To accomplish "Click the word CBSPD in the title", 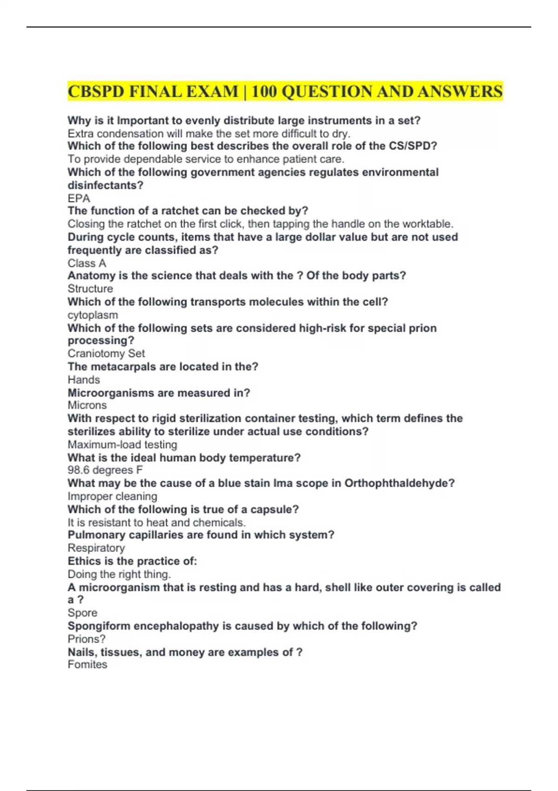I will coord(96,92).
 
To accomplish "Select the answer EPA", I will coord(79,198).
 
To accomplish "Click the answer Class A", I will coord(86,263).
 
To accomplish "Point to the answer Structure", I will coord(90,288).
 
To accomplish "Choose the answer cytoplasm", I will coord(93,315).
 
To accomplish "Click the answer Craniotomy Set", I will coord(106,354).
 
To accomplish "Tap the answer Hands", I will coord(84,380).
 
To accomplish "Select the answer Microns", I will coord(87,405).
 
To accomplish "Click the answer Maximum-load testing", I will coord(122,444).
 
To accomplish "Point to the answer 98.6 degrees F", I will coord(105,470).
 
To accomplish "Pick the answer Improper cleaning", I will coord(112,496).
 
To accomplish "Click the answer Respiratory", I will coord(96,548).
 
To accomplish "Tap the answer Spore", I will coord(82,613).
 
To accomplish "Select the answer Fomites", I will coord(87,664).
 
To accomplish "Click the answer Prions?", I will coord(86,639).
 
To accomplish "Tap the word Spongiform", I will coord(97,626).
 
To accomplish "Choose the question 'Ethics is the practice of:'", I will coord(132,561).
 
